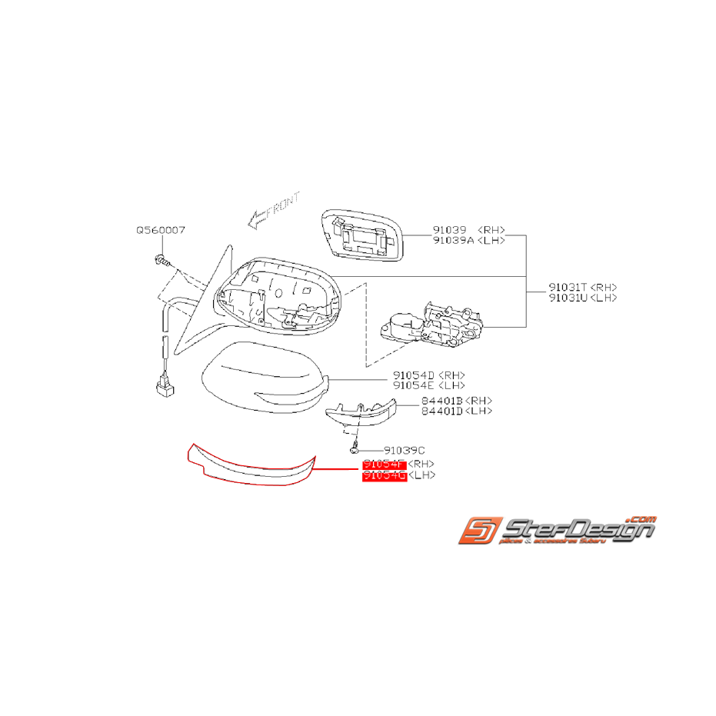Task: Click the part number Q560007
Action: pos(161,230)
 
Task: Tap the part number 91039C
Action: pos(405,450)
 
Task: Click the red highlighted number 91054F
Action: pos(384,465)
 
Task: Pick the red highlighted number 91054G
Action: pos(384,475)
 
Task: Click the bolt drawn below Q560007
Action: pos(160,259)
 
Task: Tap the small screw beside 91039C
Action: pos(357,447)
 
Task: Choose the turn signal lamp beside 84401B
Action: pos(361,414)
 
